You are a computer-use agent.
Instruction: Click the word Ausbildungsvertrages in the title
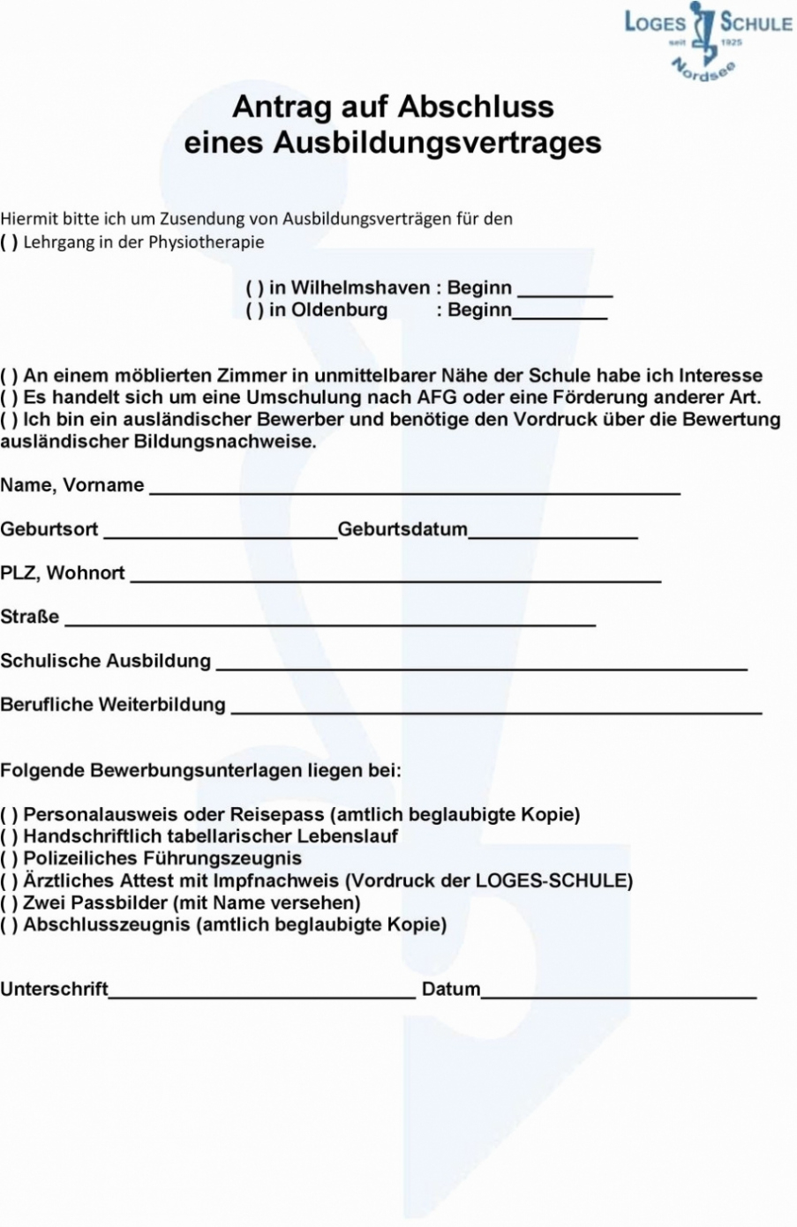tap(437, 143)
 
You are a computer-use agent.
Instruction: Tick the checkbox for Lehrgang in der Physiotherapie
tap(9, 243)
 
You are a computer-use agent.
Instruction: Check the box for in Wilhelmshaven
tap(254, 288)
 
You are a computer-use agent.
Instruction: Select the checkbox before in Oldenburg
tap(254, 310)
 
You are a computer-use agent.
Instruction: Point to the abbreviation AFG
tap(437, 398)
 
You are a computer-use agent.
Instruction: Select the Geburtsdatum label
tap(402, 530)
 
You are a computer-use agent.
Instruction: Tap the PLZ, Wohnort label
tap(63, 573)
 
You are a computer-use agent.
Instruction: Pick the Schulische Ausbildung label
tap(105, 662)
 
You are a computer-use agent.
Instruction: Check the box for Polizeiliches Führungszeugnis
tap(9, 859)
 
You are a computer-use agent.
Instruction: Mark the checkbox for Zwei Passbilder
tap(9, 903)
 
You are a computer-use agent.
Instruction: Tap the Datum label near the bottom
tap(450, 990)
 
